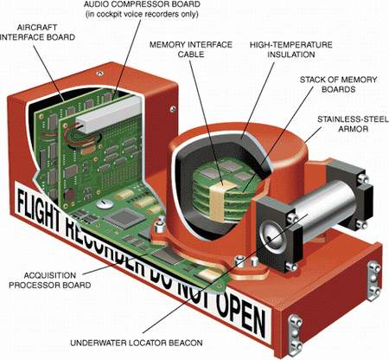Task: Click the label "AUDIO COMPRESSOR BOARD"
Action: [x=142, y=4]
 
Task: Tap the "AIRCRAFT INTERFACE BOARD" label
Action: [x=37, y=32]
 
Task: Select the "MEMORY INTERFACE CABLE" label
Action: [x=191, y=49]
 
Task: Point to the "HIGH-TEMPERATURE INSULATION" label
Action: [x=291, y=49]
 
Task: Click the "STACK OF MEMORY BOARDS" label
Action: [x=338, y=84]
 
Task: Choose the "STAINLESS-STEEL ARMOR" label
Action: [x=353, y=124]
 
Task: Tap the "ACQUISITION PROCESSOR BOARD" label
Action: [x=50, y=280]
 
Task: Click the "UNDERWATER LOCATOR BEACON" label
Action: [x=137, y=343]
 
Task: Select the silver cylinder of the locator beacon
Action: [x=322, y=209]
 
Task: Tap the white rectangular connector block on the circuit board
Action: [x=109, y=114]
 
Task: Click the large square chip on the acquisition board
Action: [x=124, y=218]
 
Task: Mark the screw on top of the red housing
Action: [x=99, y=74]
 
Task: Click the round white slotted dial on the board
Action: [x=105, y=204]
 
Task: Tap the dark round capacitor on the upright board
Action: [x=70, y=196]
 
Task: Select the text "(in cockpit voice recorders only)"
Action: [x=142, y=14]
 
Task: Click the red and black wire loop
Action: [x=83, y=135]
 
